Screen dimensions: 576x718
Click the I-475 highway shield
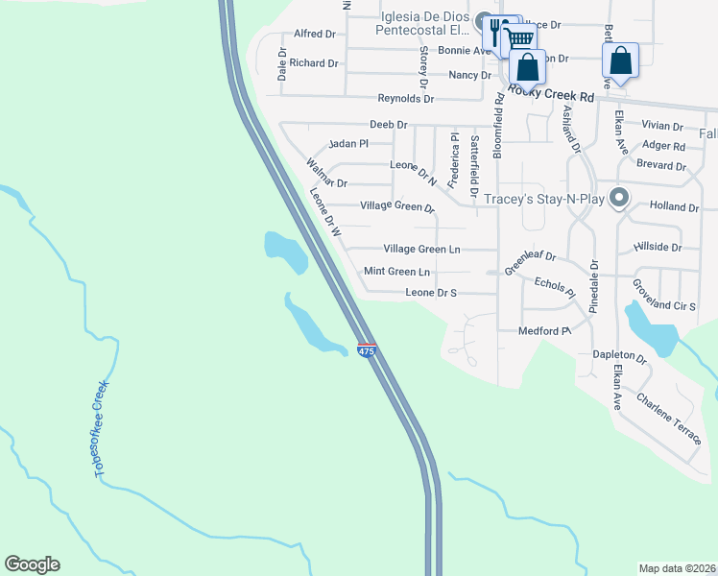366,351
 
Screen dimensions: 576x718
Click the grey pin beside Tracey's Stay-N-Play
619,198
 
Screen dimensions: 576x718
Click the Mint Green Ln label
396,272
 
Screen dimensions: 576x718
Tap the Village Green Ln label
421,249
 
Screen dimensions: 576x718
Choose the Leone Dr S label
430,293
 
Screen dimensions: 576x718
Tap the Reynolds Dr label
405,99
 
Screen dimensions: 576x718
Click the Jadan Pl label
348,144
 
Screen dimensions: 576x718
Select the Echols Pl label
554,283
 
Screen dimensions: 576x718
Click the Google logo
32,564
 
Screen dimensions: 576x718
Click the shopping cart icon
518,38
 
